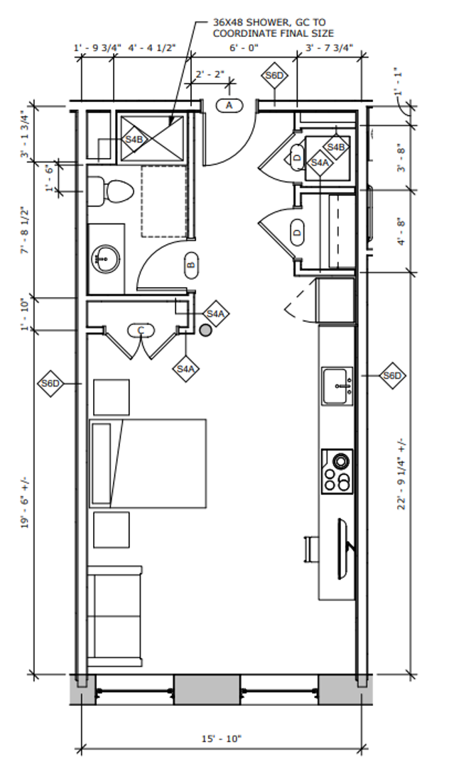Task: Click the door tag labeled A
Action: (229, 105)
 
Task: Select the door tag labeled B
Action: (192, 265)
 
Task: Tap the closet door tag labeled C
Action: (141, 331)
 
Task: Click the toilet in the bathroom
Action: (111, 191)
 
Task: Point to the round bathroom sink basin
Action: (106, 258)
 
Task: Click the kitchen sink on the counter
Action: (337, 386)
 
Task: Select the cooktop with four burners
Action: (337, 472)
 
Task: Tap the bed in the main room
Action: (148, 463)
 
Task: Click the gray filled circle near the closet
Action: (206, 331)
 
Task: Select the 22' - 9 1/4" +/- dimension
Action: (402, 474)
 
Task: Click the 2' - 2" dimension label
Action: (210, 74)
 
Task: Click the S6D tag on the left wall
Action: (50, 384)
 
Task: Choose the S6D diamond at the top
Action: (274, 76)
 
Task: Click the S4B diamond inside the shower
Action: (134, 139)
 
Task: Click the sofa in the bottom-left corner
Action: (115, 616)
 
